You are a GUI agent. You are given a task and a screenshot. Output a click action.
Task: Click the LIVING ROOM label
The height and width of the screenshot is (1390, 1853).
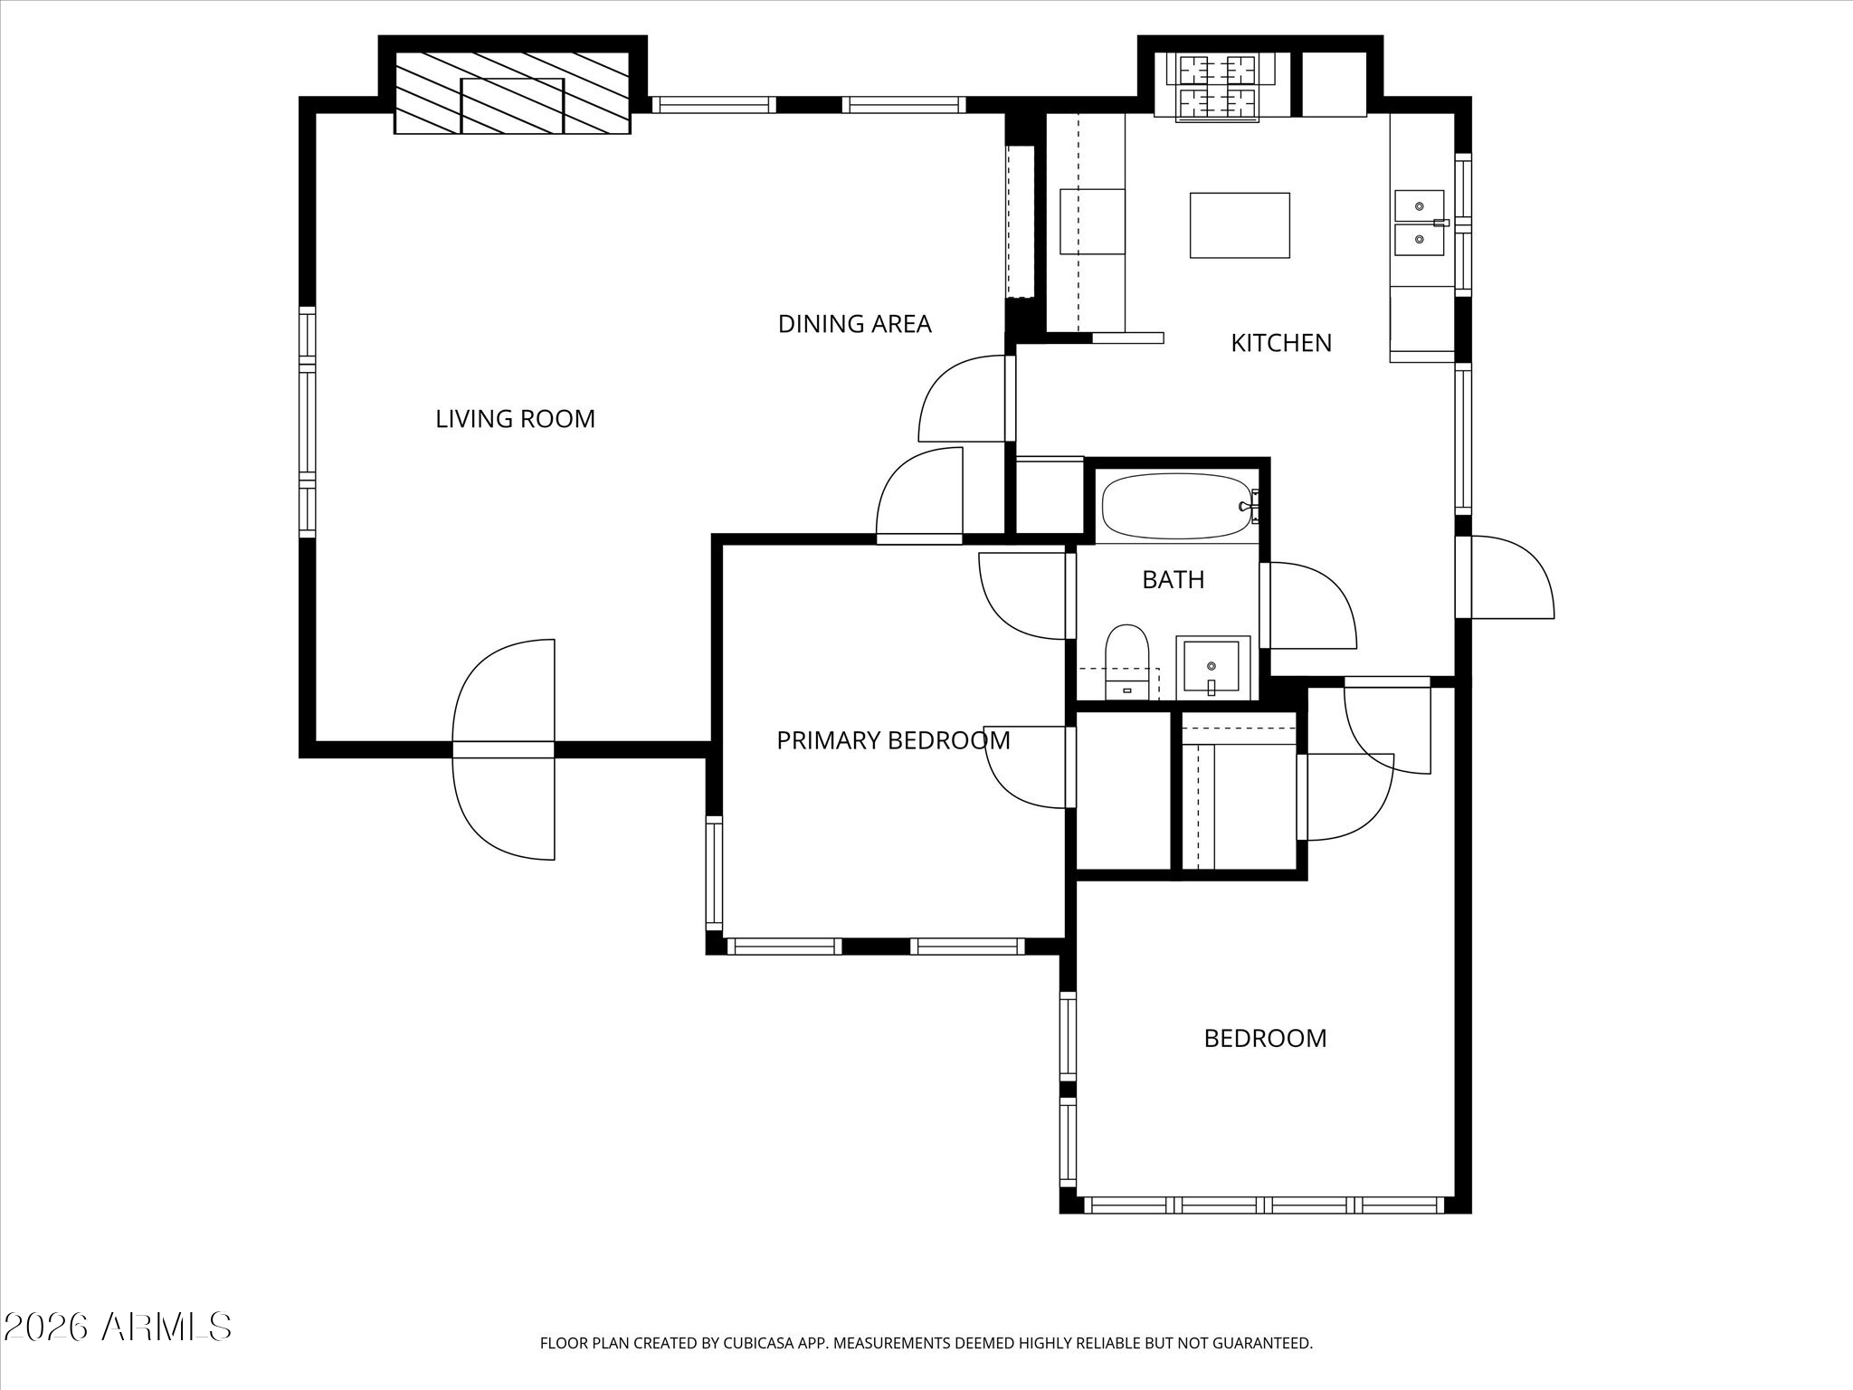pyautogui.click(x=515, y=419)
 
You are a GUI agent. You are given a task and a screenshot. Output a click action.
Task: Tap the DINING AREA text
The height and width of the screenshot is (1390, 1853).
pyautogui.click(x=854, y=324)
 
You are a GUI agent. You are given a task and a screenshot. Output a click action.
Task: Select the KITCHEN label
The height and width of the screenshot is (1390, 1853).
pyautogui.click(x=1281, y=343)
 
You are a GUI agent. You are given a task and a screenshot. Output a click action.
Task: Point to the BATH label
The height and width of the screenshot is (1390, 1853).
pyautogui.click(x=1173, y=580)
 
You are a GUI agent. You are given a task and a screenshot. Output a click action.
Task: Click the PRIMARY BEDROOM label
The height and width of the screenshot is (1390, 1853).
pyautogui.click(x=893, y=740)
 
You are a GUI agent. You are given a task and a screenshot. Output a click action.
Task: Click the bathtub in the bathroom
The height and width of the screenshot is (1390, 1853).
pyautogui.click(x=1177, y=507)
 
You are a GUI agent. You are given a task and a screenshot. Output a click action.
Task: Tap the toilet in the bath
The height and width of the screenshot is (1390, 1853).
pyautogui.click(x=1126, y=662)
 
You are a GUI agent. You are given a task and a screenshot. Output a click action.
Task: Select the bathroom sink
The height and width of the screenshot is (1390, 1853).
pyautogui.click(x=1212, y=668)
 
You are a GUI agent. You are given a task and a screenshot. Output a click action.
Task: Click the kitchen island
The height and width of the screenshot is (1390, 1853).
pyautogui.click(x=1240, y=225)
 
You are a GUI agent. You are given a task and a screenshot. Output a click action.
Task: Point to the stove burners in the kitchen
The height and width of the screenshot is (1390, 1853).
pyautogui.click(x=1217, y=87)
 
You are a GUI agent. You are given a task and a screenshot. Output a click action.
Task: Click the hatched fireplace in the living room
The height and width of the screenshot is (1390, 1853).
pyautogui.click(x=512, y=92)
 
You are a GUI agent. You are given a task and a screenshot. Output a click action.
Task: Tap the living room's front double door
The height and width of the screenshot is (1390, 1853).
pyautogui.click(x=503, y=749)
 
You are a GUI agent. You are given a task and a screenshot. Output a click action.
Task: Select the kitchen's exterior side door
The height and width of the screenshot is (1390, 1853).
pyautogui.click(x=1505, y=577)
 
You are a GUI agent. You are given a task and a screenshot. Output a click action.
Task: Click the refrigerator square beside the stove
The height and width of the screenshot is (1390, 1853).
pyautogui.click(x=1334, y=84)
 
